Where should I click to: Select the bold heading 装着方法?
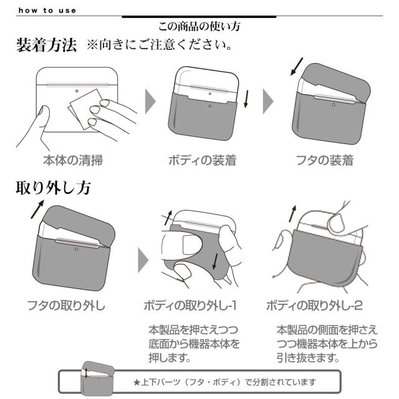coord(46,46)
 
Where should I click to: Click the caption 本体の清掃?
coord(73,160)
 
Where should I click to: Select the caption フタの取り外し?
coord(67,305)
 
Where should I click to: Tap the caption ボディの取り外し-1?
coord(194,305)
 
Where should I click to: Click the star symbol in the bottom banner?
coord(136,382)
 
